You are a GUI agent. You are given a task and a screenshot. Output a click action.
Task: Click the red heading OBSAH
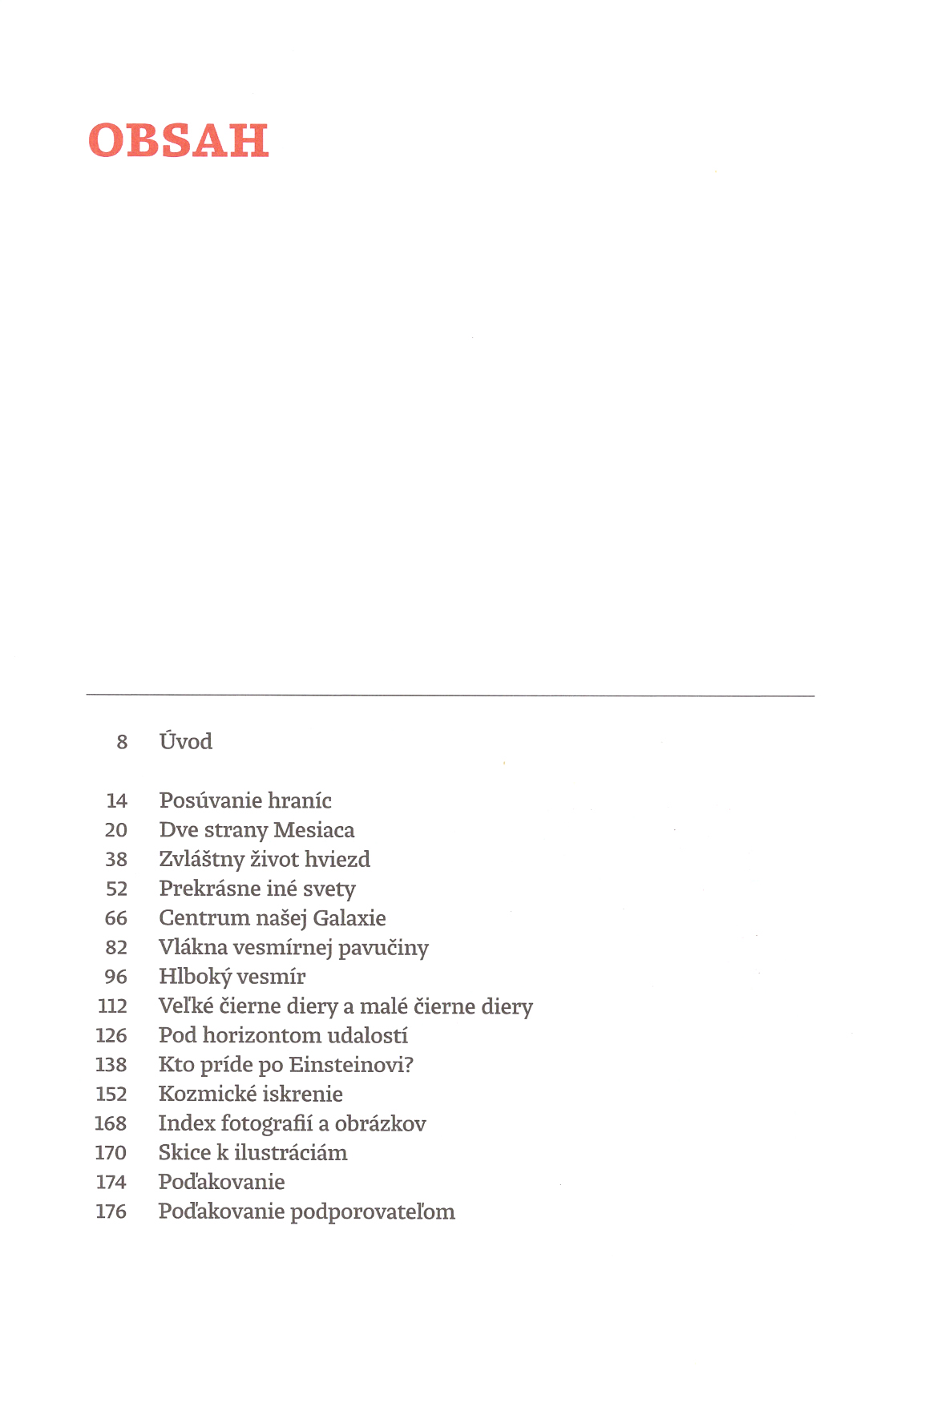click(179, 141)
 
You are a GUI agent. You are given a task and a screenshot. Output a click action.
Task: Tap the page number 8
click(122, 742)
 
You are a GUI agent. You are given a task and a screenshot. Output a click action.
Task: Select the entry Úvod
click(185, 741)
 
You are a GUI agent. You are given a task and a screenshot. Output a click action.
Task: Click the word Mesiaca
click(313, 830)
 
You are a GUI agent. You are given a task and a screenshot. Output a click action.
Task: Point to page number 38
click(116, 860)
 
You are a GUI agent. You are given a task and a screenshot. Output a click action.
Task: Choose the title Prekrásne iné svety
click(256, 889)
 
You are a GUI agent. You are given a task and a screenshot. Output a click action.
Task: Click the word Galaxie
click(349, 918)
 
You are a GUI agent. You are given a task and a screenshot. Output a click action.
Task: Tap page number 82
click(116, 948)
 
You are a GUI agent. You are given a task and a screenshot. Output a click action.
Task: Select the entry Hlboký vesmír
click(232, 977)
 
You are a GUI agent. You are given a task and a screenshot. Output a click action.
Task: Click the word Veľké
click(186, 1006)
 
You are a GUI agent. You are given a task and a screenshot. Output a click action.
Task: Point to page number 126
click(111, 1036)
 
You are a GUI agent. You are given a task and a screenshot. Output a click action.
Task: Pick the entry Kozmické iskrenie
click(250, 1095)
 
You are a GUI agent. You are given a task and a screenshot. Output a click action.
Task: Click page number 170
click(111, 1153)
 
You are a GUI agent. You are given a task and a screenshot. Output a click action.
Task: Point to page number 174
click(111, 1183)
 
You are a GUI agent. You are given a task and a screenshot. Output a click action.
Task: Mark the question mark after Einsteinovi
click(409, 1065)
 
